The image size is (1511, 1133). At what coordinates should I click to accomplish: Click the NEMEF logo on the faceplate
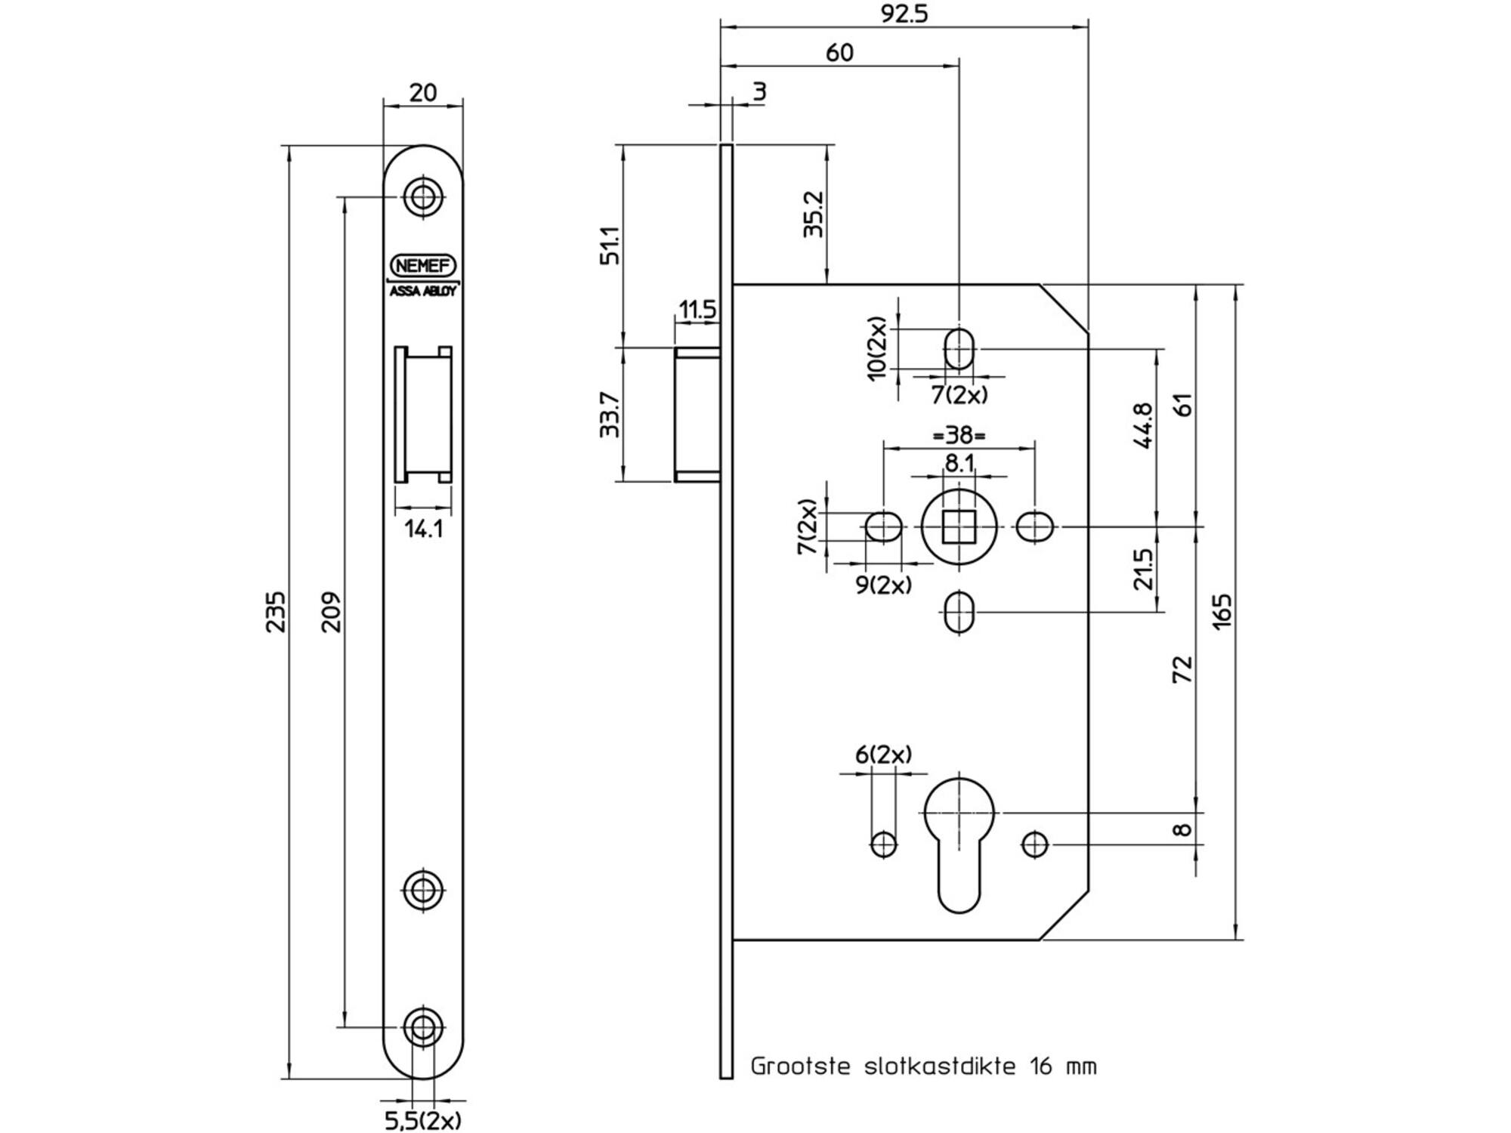423,266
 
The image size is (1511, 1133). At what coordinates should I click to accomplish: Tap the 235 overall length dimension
277,611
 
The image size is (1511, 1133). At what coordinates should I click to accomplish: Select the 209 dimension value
332,611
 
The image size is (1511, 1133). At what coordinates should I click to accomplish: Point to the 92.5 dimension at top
904,14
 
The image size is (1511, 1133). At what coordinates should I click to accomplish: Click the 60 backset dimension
839,53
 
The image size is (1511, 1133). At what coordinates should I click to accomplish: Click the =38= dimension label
959,436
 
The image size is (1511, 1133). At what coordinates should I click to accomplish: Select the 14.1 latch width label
423,529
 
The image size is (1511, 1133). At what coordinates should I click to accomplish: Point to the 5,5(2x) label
423,1120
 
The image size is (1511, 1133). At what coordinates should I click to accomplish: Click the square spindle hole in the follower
959,526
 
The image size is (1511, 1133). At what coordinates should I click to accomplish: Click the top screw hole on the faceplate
423,197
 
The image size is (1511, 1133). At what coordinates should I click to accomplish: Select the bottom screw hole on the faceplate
423,1026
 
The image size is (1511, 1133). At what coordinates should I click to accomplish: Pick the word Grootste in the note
802,1067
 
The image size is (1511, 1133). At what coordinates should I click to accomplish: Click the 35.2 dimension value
813,214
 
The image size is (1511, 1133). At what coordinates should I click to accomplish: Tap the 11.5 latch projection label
697,309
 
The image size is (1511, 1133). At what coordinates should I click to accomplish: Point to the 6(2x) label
883,755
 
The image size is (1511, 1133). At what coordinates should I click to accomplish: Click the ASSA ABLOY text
423,292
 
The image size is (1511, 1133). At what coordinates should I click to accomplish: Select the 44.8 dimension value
1143,426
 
